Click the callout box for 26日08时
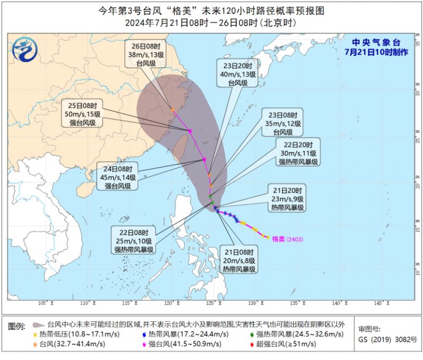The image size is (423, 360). coord(146,53)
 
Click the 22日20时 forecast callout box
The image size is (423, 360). coord(298,153)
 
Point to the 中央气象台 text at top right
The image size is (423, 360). coord(377,42)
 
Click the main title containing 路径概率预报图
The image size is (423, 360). coord(211,10)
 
